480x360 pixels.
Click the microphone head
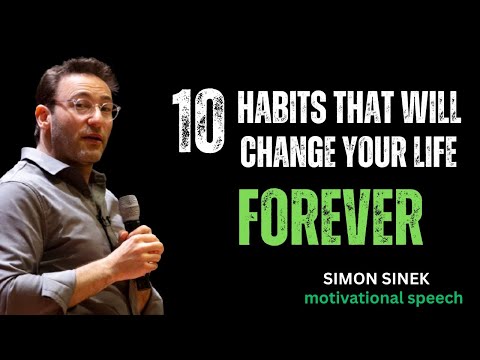pyautogui.click(x=129, y=209)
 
